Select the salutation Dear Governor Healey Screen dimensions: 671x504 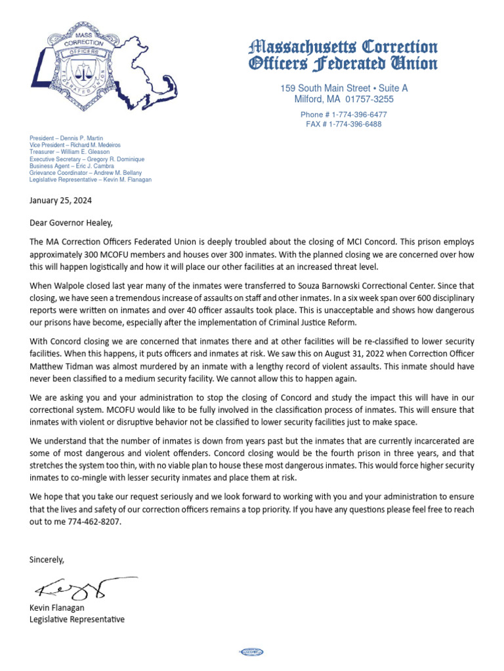point(66,222)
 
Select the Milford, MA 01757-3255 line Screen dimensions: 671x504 point(344,100)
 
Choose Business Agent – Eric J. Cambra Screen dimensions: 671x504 point(72,166)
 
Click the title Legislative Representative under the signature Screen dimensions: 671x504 point(77,619)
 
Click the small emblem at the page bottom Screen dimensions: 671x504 point(252,651)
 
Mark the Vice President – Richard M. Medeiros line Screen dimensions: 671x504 point(75,145)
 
